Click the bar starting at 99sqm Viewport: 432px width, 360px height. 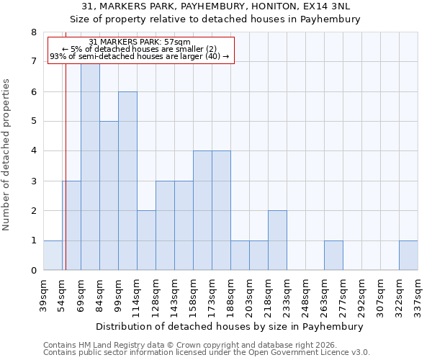[x=127, y=181]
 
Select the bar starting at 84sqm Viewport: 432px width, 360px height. [x=109, y=196]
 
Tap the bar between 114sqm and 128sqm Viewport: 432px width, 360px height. [x=146, y=240]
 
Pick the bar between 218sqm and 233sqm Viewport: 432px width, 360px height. [x=277, y=240]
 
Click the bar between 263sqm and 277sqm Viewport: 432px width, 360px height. [x=333, y=256]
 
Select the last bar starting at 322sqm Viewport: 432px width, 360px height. [x=408, y=256]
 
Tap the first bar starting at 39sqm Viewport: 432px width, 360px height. [x=53, y=256]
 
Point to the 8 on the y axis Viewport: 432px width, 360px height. [x=33, y=32]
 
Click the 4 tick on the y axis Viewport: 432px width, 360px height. [x=33, y=151]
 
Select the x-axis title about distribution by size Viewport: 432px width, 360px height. [x=230, y=326]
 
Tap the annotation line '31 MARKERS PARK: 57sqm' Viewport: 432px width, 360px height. [x=140, y=42]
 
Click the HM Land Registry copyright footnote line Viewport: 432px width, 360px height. [x=192, y=345]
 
